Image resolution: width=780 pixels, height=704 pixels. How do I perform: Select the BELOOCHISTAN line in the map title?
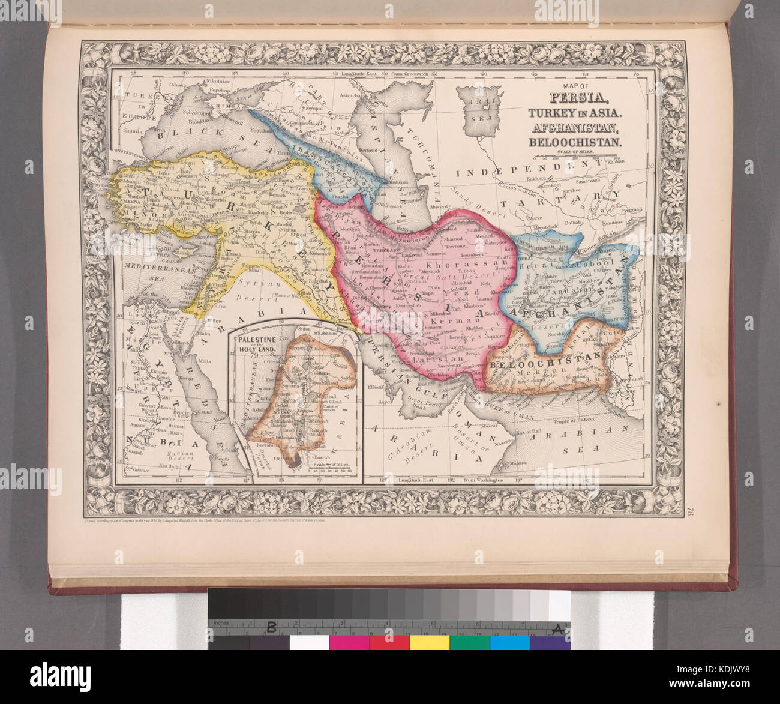(x=574, y=142)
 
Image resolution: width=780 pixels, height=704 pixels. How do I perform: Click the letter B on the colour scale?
(x=271, y=628)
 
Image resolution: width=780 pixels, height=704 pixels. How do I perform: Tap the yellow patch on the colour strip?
(x=430, y=642)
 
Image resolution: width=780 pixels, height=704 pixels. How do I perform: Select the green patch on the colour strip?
(x=470, y=642)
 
